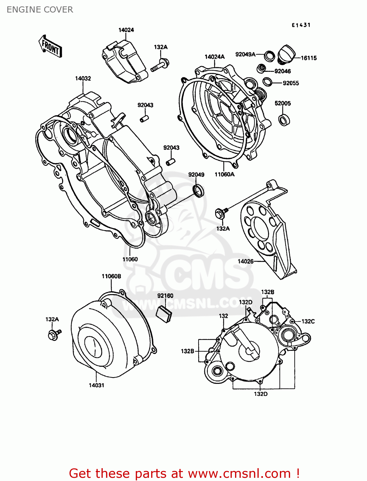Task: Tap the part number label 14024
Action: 126,30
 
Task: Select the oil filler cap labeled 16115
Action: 286,54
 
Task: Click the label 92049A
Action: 245,55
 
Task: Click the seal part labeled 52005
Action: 284,120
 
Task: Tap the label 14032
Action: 83,79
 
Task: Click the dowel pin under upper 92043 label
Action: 144,119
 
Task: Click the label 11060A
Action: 224,174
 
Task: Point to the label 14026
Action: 246,261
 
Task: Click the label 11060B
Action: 111,276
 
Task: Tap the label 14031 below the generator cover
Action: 96,385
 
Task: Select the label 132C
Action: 308,321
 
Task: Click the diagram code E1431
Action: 301,25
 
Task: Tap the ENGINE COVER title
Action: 40,10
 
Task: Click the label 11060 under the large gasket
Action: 130,259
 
